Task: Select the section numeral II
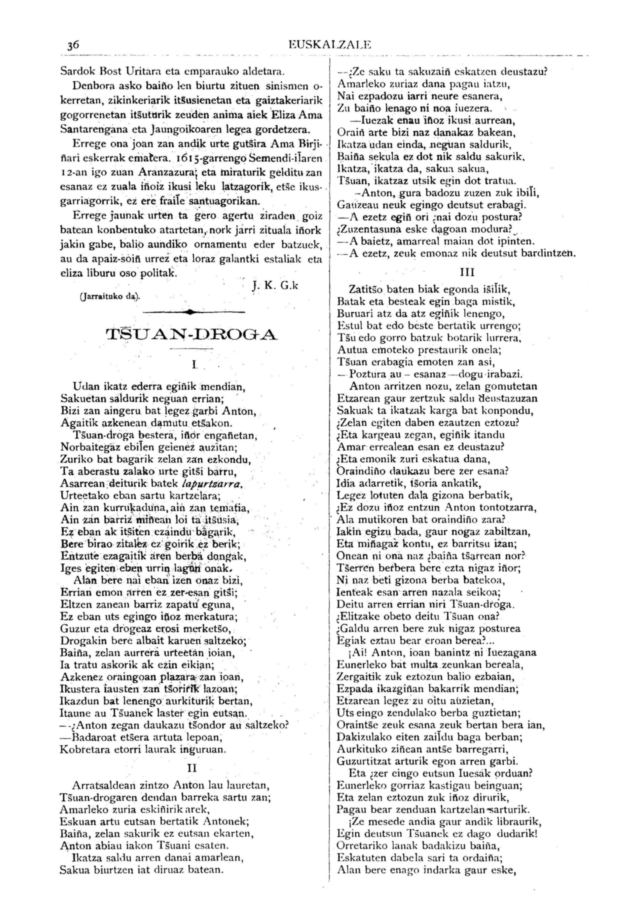click(192, 769)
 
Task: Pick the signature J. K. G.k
click(275, 285)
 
